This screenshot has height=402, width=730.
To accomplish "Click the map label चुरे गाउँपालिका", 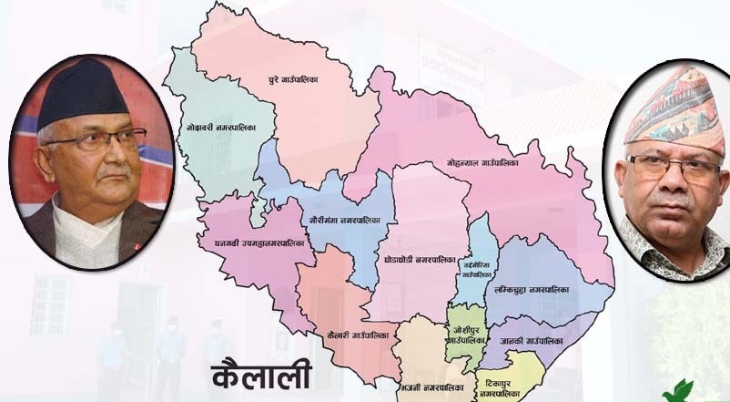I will point(293,80).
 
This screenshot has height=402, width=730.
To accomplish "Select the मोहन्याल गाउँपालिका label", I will point(482,162).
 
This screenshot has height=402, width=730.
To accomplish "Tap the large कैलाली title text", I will point(261,375).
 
